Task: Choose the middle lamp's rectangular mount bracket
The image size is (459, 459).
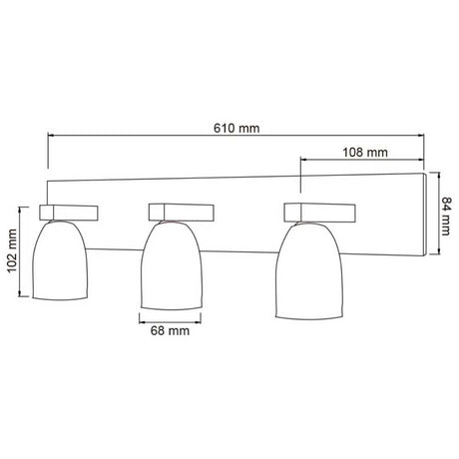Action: pos(182,212)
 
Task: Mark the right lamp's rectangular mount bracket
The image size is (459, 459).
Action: pos(319,212)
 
